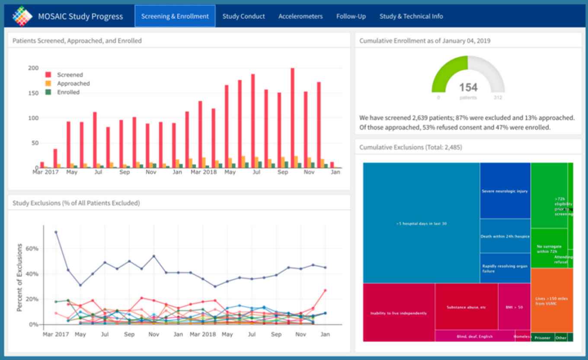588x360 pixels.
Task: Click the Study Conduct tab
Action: pos(243,16)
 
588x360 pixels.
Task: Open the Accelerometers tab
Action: pos(300,16)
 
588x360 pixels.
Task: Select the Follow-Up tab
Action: pos(351,16)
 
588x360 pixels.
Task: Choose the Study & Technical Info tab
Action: pos(411,16)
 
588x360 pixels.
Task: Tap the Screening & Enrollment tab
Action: pos(175,16)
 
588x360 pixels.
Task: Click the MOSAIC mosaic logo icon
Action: pos(22,16)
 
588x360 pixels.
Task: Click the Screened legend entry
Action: pos(69,75)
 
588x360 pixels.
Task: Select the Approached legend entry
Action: pos(73,83)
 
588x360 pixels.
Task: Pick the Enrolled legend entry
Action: pos(68,92)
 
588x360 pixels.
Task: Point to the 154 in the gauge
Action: pos(468,87)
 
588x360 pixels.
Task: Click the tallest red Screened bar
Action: pos(292,118)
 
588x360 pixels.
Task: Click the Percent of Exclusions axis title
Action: pos(19,277)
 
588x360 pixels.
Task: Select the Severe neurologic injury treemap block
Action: pos(505,191)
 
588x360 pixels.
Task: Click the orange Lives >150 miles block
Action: pos(551,300)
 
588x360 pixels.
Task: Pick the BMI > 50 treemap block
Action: pos(514,307)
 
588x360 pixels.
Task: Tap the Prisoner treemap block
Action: pos(542,338)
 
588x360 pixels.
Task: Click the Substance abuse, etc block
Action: pos(466,307)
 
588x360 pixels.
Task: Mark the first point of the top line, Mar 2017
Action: pos(56,232)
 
